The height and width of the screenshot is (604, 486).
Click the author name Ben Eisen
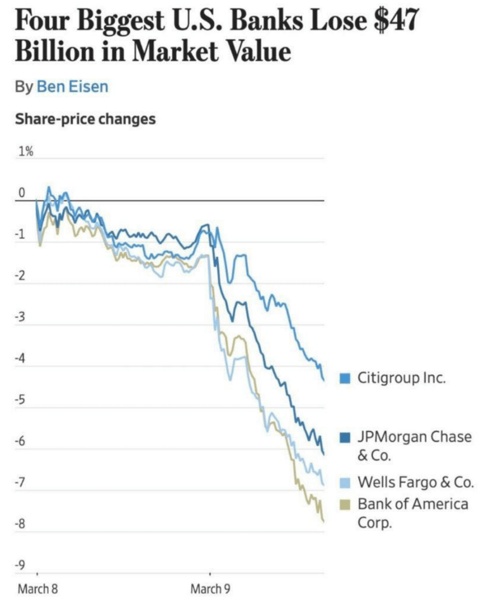click(x=72, y=86)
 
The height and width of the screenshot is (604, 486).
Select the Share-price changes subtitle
click(x=85, y=119)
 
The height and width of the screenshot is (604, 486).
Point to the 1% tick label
click(x=26, y=152)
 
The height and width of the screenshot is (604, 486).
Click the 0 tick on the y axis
click(x=22, y=193)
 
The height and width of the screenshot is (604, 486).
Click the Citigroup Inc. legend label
click(x=402, y=378)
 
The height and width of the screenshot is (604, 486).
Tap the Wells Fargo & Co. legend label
click(x=415, y=482)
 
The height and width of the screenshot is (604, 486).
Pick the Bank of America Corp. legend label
click(x=413, y=513)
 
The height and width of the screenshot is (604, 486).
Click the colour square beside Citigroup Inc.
click(x=345, y=378)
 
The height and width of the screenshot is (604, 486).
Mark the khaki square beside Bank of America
click(x=345, y=505)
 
